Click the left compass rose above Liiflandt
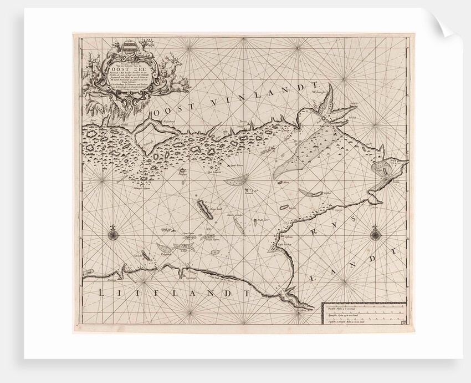click(112, 233)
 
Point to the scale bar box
click(364, 314)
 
